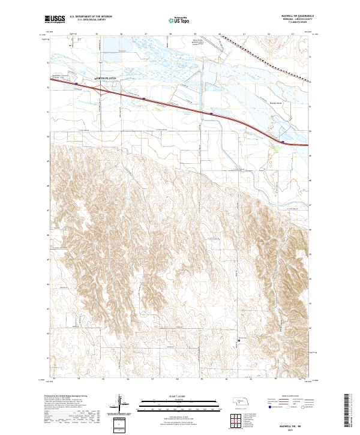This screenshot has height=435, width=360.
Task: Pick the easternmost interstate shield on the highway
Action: (283, 142)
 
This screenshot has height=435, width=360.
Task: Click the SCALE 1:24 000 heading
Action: (179, 396)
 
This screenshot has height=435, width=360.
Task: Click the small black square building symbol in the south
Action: (239, 340)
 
